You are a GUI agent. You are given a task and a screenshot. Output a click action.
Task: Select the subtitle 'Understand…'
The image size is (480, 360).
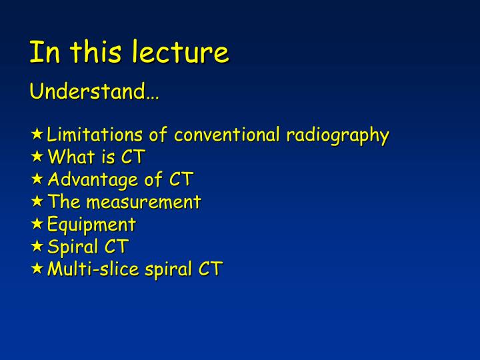point(94,91)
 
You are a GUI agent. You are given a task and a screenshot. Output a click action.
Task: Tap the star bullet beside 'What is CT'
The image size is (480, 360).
point(38,157)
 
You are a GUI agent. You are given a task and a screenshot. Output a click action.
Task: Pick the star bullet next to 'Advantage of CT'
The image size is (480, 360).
point(38,179)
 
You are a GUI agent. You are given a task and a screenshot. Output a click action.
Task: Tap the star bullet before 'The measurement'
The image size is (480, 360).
point(38,201)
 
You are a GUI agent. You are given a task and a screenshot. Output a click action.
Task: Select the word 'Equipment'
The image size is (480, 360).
point(91,225)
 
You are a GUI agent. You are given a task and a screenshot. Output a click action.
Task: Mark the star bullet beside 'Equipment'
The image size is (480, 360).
point(38,224)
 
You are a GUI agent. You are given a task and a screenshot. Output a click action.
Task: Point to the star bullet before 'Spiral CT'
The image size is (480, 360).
point(38,246)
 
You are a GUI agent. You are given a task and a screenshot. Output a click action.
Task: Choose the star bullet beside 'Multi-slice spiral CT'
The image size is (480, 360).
point(38,269)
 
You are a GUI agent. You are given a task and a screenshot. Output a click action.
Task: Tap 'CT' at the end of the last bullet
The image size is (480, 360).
point(210,269)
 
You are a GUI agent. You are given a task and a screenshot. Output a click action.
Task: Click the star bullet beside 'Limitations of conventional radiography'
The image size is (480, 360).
point(38,135)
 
